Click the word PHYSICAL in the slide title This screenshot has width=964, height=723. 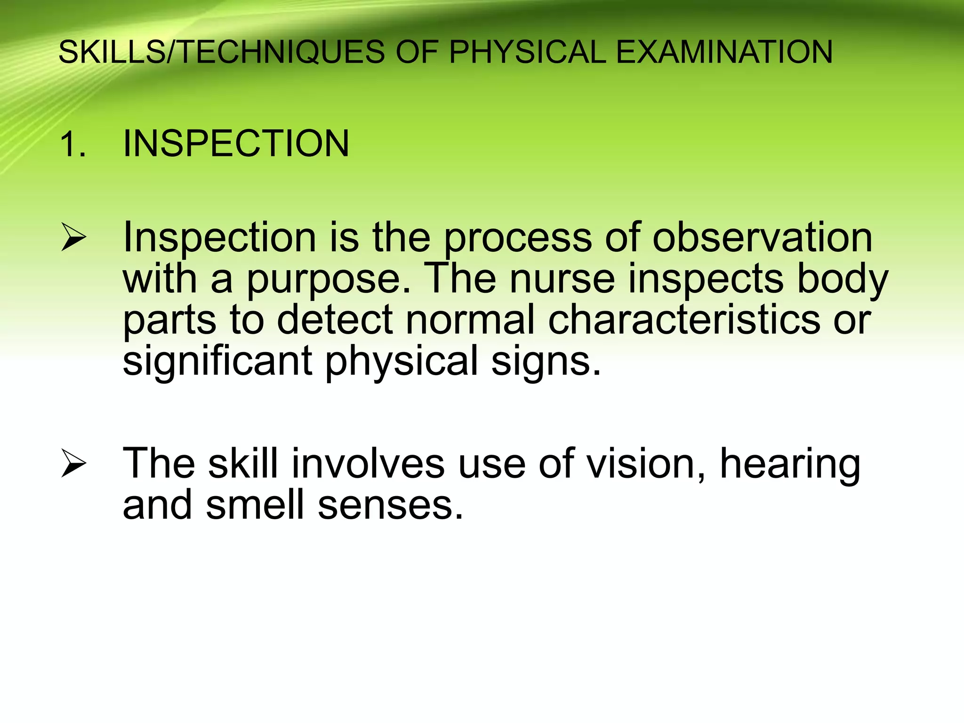pos(527,52)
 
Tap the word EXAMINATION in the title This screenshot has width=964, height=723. pos(724,52)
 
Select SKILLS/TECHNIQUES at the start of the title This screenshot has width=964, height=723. pos(221,52)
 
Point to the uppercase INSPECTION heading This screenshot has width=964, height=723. pos(236,143)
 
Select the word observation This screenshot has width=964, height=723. pos(762,237)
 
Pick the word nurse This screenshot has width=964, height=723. pos(562,279)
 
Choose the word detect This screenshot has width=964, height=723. pos(334,320)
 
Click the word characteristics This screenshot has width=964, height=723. pos(684,320)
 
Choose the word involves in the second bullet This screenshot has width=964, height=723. pos(368,464)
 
